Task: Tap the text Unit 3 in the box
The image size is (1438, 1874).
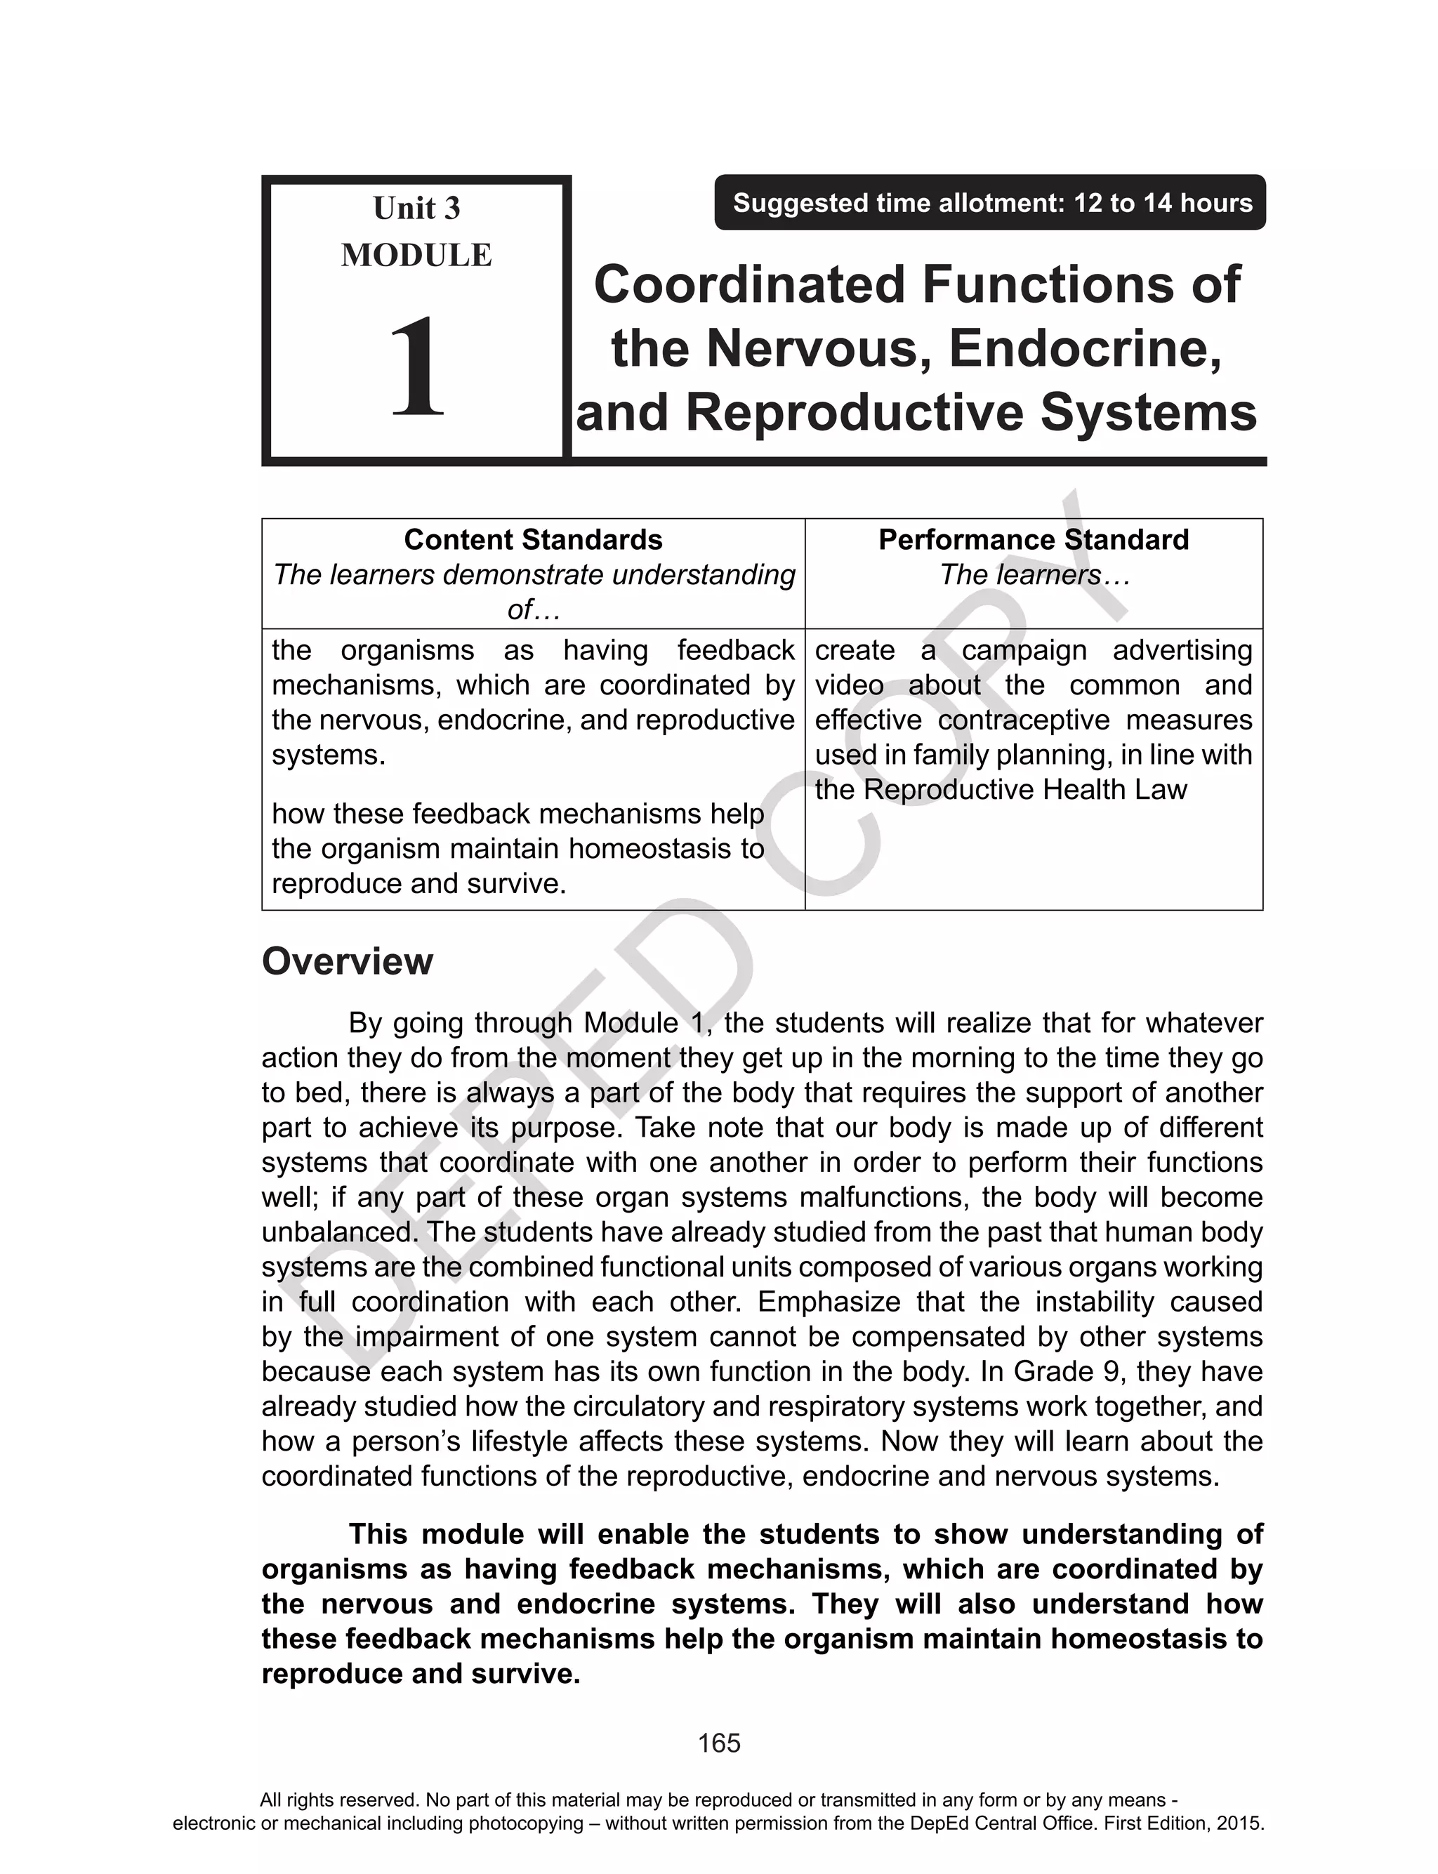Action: [x=417, y=208]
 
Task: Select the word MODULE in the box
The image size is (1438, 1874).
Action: [x=417, y=255]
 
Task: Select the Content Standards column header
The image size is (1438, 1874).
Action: [x=532, y=540]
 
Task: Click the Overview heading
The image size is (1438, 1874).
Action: [x=347, y=962]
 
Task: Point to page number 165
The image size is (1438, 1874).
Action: [x=719, y=1744]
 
